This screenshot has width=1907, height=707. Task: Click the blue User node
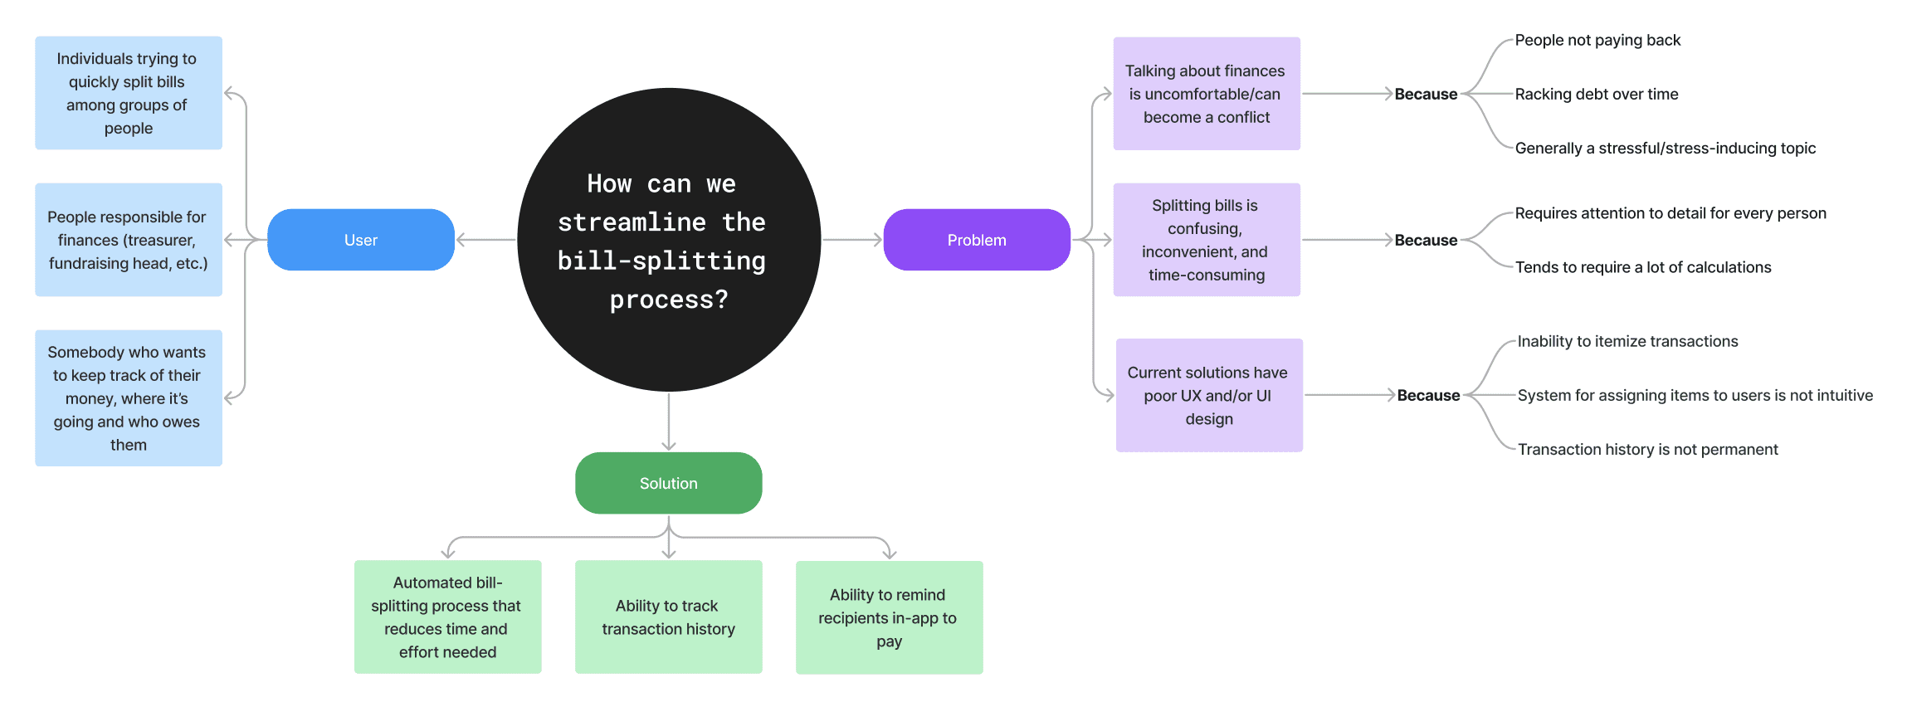[x=361, y=240]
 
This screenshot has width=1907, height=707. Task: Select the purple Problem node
[x=977, y=240]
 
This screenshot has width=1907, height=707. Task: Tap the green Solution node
[x=669, y=483]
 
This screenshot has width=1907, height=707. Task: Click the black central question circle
[x=669, y=240]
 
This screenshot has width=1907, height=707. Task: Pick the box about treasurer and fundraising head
[x=129, y=240]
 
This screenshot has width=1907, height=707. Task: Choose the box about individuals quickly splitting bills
[x=129, y=93]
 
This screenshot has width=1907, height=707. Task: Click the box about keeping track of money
[x=129, y=398]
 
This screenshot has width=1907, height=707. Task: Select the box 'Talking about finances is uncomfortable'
[x=1207, y=94]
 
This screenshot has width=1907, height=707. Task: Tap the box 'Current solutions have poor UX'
[x=1209, y=395]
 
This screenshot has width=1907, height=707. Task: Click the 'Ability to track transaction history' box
[x=669, y=617]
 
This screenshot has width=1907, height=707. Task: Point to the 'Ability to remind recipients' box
[x=890, y=617]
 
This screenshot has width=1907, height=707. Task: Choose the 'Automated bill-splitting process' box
[x=448, y=617]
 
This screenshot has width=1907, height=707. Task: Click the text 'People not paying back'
[x=1597, y=40]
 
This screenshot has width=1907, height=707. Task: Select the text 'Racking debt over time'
[x=1597, y=94]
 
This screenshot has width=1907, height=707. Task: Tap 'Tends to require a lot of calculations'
[x=1643, y=267]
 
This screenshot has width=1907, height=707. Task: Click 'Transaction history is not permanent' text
[x=1648, y=449]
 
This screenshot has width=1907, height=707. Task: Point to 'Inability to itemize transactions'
[x=1627, y=341]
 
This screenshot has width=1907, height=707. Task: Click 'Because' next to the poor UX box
[x=1428, y=395]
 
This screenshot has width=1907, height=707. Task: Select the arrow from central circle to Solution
[x=669, y=422]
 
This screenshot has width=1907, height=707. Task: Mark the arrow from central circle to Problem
[x=852, y=240]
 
